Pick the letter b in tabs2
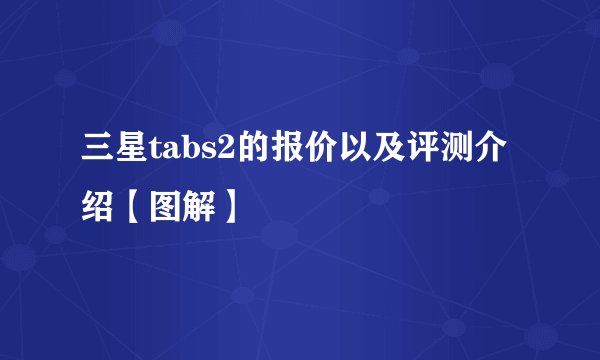(x=187, y=151)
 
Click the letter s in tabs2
(x=204, y=154)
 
